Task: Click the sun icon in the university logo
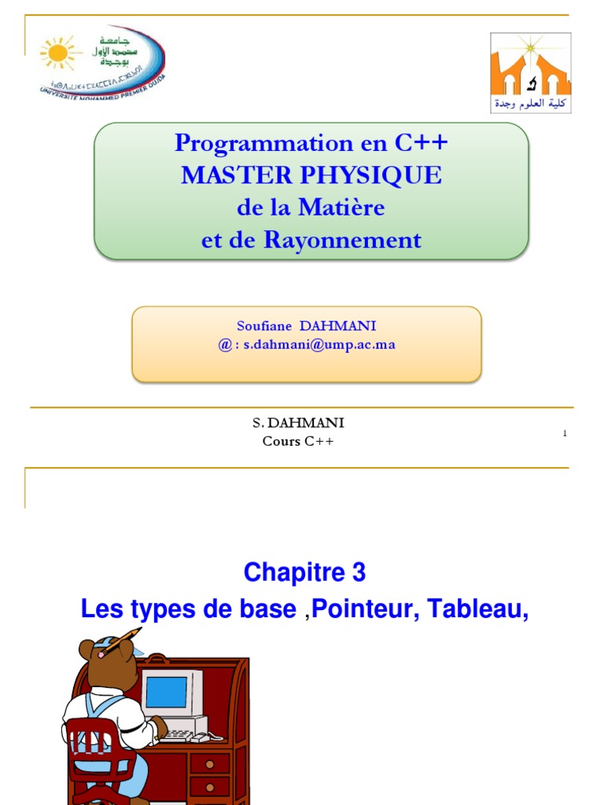(x=57, y=53)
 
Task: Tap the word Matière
(x=342, y=208)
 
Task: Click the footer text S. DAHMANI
(x=298, y=423)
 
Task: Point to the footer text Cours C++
(x=298, y=441)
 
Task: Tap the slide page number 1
(x=565, y=433)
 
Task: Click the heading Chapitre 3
(x=304, y=573)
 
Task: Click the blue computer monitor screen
(x=166, y=692)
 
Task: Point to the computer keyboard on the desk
(x=182, y=735)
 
